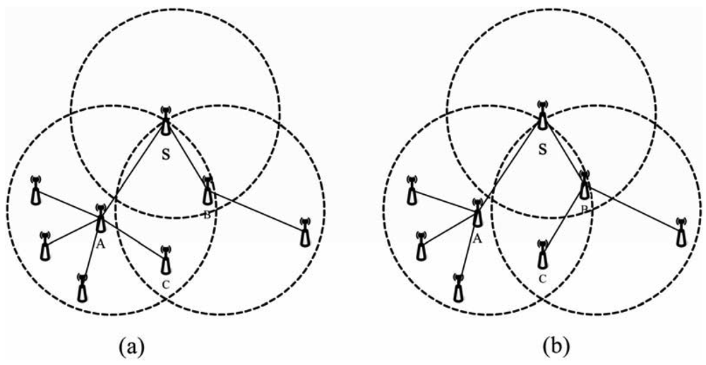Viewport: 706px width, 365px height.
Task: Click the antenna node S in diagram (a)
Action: click(x=165, y=121)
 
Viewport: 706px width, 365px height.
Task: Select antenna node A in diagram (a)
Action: click(x=101, y=218)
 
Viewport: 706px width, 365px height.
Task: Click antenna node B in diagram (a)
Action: click(x=207, y=190)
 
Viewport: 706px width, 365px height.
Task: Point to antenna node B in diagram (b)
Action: click(x=584, y=185)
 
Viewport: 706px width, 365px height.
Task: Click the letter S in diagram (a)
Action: click(x=165, y=155)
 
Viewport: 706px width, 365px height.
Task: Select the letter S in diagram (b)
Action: click(x=542, y=150)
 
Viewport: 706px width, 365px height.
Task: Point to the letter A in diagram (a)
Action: click(x=100, y=244)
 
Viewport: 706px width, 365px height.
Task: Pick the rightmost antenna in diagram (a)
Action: click(x=304, y=232)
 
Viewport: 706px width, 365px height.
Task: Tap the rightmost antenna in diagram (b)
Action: click(x=681, y=232)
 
